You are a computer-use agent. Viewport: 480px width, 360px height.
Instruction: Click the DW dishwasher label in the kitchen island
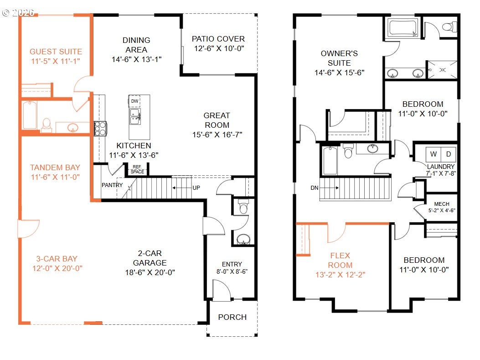[134, 101]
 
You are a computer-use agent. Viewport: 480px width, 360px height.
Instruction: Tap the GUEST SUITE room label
[56, 52]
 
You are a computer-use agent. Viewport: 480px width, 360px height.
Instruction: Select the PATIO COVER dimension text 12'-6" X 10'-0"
[219, 48]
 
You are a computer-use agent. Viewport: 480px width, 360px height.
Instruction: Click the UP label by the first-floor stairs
[196, 188]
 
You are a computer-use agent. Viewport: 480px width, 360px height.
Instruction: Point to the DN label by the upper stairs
[315, 188]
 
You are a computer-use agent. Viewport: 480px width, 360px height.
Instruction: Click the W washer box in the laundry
[434, 154]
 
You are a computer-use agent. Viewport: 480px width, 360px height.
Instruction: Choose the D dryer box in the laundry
[449, 154]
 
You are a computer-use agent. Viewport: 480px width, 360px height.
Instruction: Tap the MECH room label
[442, 204]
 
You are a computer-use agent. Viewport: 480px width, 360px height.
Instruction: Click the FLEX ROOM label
[340, 260]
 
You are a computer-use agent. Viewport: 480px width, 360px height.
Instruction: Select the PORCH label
[232, 317]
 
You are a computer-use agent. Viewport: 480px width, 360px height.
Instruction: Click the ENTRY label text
[232, 264]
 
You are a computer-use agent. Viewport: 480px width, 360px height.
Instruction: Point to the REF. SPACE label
[137, 169]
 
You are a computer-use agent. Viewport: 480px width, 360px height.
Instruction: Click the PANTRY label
[112, 185]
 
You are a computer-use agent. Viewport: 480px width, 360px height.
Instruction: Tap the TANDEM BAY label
[55, 167]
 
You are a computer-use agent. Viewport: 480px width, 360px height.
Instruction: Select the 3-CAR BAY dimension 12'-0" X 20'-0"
[57, 268]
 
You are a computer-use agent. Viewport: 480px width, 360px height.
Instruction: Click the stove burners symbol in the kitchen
[100, 129]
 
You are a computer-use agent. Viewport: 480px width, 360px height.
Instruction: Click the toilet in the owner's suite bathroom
[449, 26]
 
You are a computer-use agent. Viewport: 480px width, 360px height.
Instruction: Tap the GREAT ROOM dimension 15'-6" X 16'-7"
[217, 135]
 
